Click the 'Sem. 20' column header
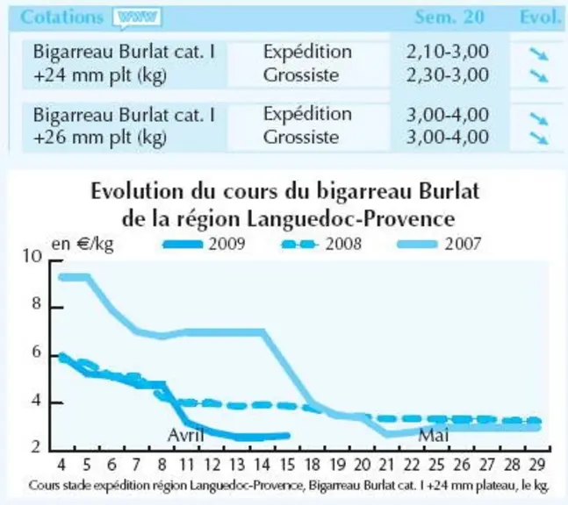coord(449,17)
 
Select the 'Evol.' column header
coord(541,17)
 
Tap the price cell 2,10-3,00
coord(448,52)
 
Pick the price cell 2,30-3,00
coord(448,75)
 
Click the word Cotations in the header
coord(62,17)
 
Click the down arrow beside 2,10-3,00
coord(539,53)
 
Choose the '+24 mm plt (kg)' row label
coord(100,76)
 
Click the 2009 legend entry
coord(205,245)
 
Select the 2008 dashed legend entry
coord(321,245)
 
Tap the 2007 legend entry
coord(440,245)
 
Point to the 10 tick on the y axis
coord(32,256)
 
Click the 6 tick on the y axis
coord(37,352)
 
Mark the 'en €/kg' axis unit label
coord(83,245)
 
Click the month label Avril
coord(186,435)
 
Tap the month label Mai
coord(434,435)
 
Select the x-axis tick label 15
coord(287,465)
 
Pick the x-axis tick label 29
coord(537,465)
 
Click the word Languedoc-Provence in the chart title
coord(350,219)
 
